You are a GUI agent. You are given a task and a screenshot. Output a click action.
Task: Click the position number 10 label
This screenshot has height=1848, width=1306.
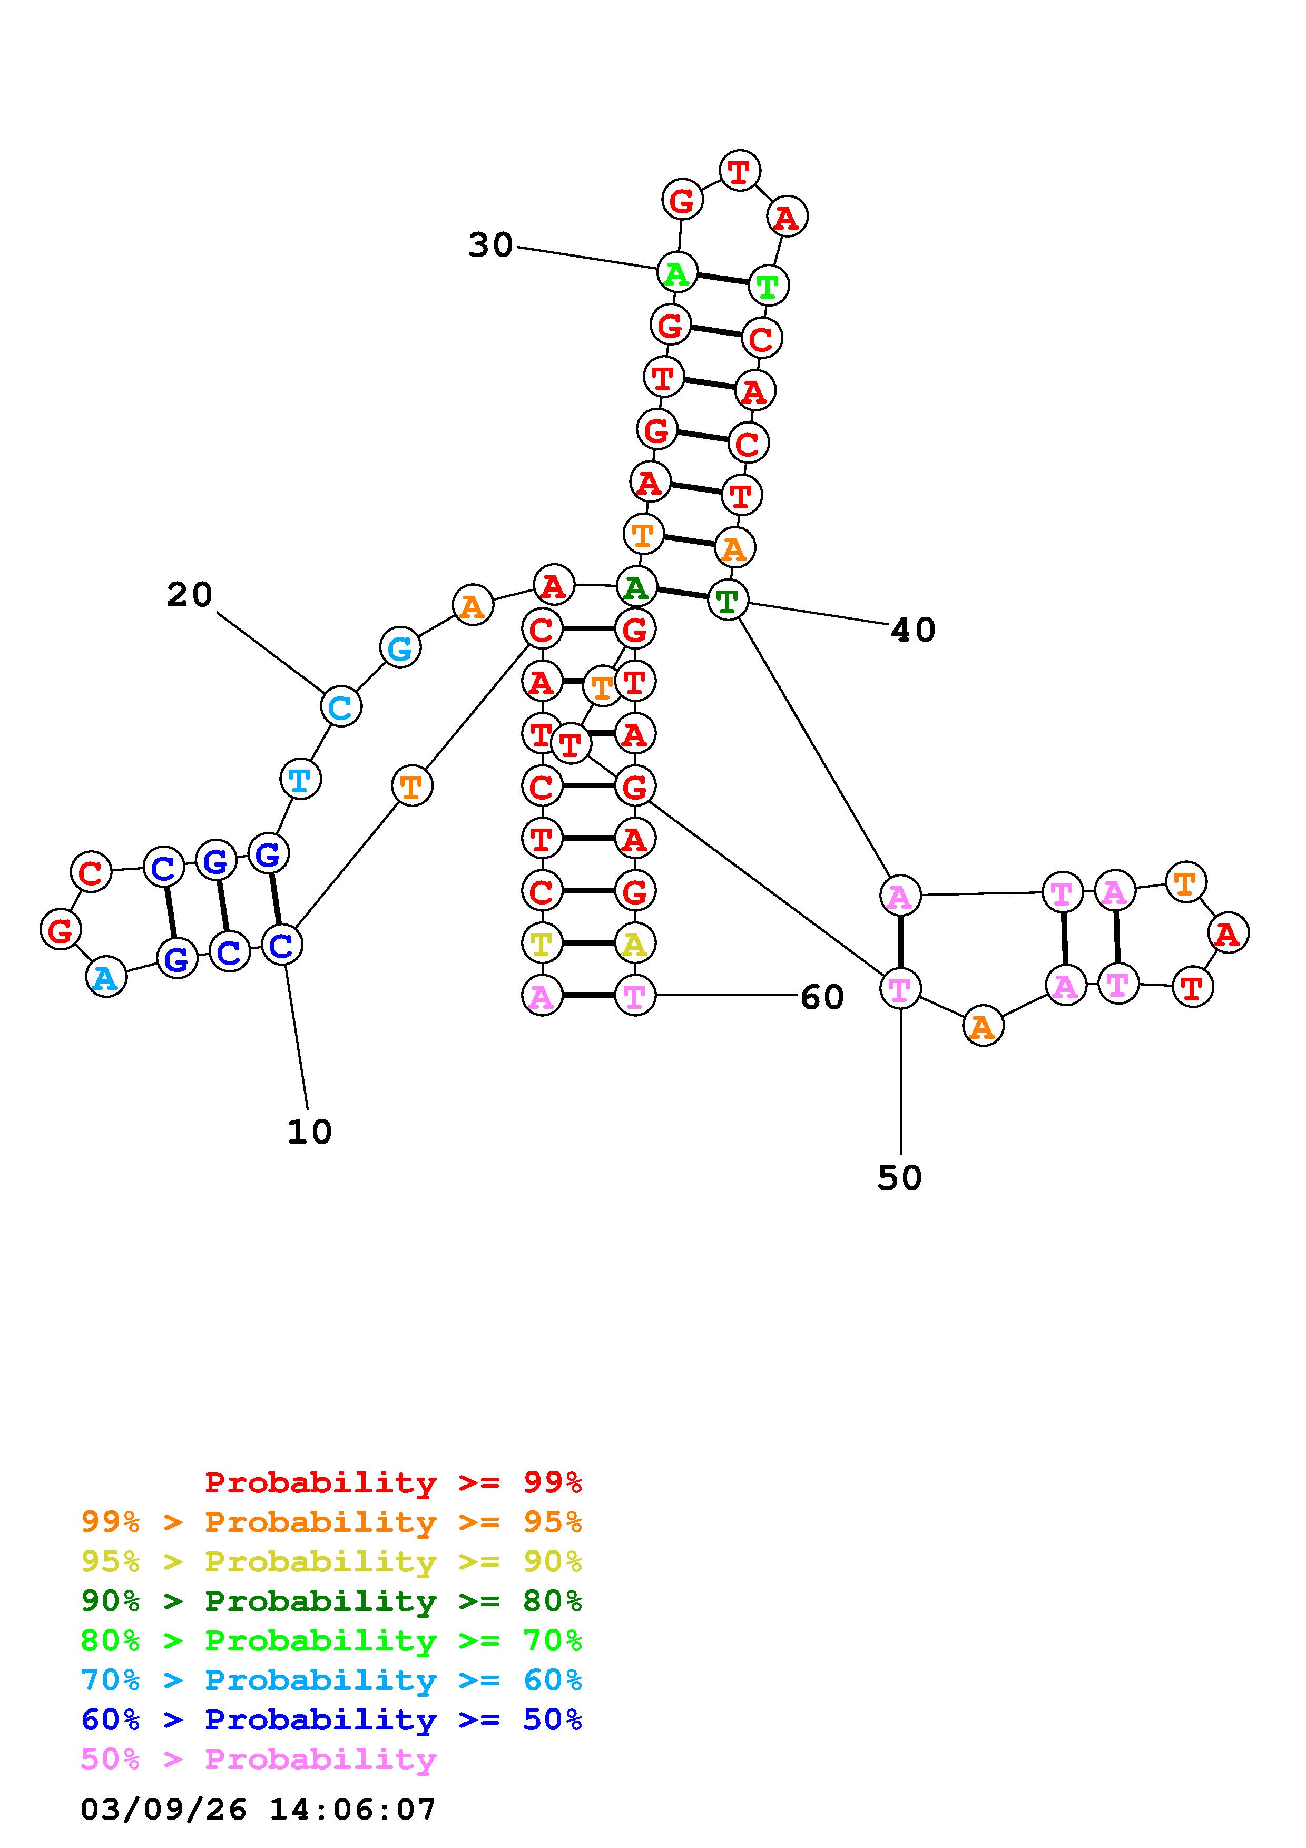[x=309, y=1133]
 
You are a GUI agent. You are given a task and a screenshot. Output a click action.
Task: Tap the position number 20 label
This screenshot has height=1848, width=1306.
[x=190, y=596]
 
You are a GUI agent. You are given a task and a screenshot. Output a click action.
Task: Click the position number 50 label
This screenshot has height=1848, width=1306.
[x=900, y=1178]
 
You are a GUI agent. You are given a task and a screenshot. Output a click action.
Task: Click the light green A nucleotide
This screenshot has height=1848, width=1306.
[x=677, y=273]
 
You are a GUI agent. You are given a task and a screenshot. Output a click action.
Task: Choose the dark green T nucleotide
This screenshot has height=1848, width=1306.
[x=728, y=601]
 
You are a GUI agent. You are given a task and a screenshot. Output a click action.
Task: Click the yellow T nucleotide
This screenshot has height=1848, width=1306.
[x=542, y=943]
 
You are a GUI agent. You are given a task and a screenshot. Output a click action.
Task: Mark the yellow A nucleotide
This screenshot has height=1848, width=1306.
[x=635, y=943]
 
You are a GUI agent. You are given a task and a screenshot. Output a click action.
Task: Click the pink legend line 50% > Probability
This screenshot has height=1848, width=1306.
[x=259, y=1759]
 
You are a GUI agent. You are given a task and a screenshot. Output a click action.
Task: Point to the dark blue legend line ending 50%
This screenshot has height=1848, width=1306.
[x=331, y=1720]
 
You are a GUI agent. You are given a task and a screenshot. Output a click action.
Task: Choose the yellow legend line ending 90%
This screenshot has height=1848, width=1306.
[x=331, y=1562]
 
